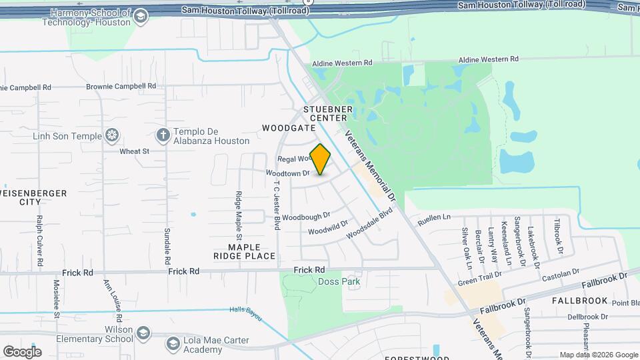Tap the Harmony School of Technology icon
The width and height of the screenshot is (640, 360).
(x=140, y=17)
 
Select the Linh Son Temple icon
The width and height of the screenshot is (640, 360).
(x=113, y=137)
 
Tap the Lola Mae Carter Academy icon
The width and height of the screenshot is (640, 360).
(x=171, y=343)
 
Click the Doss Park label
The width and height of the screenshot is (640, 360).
(x=339, y=281)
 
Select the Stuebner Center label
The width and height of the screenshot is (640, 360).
(x=327, y=113)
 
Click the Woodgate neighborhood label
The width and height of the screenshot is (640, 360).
(x=289, y=127)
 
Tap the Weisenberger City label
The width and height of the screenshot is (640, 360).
(x=33, y=197)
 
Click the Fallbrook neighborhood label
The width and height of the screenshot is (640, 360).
(x=579, y=301)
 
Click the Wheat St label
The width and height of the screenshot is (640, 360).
(x=134, y=151)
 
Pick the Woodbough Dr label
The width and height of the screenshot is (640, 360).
(x=306, y=217)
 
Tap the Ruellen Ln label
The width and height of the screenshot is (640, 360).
(x=434, y=217)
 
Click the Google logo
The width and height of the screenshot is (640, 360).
(x=22, y=351)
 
